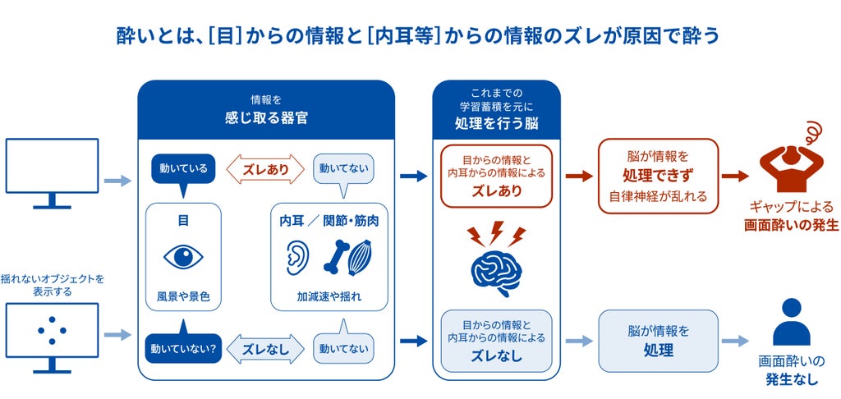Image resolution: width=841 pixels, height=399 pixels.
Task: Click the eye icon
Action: click(183, 258)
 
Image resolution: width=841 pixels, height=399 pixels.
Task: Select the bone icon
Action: click(336, 257)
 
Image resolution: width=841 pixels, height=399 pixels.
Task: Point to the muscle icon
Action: click(361, 259)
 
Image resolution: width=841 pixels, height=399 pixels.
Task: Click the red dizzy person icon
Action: click(788, 155)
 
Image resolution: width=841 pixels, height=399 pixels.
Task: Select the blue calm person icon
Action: click(791, 322)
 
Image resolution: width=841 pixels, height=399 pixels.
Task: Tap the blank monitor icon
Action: click(52, 173)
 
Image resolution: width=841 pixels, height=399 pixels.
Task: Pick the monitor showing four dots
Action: click(52, 338)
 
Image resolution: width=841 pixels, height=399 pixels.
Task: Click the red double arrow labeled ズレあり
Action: click(265, 170)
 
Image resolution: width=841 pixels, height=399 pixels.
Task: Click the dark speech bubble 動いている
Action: click(183, 172)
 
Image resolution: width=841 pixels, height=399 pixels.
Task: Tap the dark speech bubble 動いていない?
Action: click(183, 344)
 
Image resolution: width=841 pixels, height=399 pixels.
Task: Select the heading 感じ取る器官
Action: click(266, 118)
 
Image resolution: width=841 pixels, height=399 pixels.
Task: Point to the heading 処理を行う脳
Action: click(496, 123)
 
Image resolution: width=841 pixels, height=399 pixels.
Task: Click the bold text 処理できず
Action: click(658, 176)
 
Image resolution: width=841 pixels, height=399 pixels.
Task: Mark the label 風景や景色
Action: click(183, 296)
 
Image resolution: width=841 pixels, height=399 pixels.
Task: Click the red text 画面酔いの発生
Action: click(791, 225)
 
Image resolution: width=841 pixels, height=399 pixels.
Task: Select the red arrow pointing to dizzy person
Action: click(735, 176)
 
